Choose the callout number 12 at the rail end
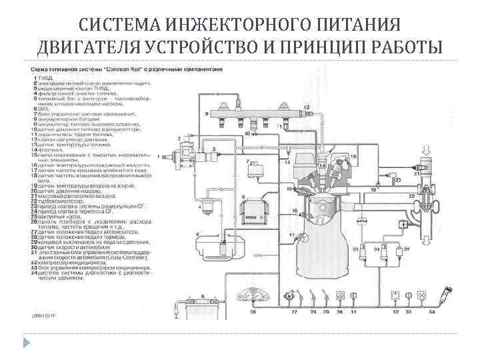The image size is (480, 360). click(307, 107)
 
